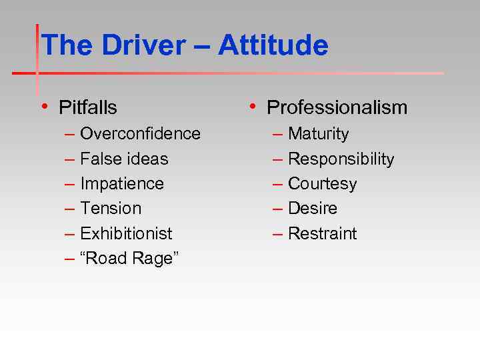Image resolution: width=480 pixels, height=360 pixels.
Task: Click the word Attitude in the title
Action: [x=273, y=46]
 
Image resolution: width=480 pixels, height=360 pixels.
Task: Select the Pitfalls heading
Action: [x=87, y=107]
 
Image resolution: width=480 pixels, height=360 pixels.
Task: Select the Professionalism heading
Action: [x=337, y=107]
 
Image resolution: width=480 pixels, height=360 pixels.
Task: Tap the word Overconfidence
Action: [x=140, y=133]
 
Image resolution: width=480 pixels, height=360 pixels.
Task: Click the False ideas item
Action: [x=124, y=159]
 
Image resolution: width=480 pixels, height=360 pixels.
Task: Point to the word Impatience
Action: [x=121, y=183]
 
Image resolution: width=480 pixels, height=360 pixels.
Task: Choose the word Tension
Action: [x=111, y=208]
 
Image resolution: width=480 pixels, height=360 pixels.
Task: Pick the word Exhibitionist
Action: [x=126, y=233]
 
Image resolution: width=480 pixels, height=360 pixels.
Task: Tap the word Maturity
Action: [x=318, y=134]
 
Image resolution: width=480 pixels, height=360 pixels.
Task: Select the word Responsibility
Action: [x=341, y=159]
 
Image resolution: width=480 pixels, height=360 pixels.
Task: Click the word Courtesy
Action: [x=322, y=183]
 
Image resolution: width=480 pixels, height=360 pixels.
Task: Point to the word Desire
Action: [x=312, y=208]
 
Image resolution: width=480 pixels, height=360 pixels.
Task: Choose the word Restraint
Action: [x=322, y=233]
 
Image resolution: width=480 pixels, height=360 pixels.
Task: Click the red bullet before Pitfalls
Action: [x=44, y=106]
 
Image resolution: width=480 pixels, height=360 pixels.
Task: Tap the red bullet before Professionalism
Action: [x=252, y=106]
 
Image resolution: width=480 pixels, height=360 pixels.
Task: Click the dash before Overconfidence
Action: [x=70, y=134]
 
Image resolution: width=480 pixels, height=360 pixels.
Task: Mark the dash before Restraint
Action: [x=278, y=233]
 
